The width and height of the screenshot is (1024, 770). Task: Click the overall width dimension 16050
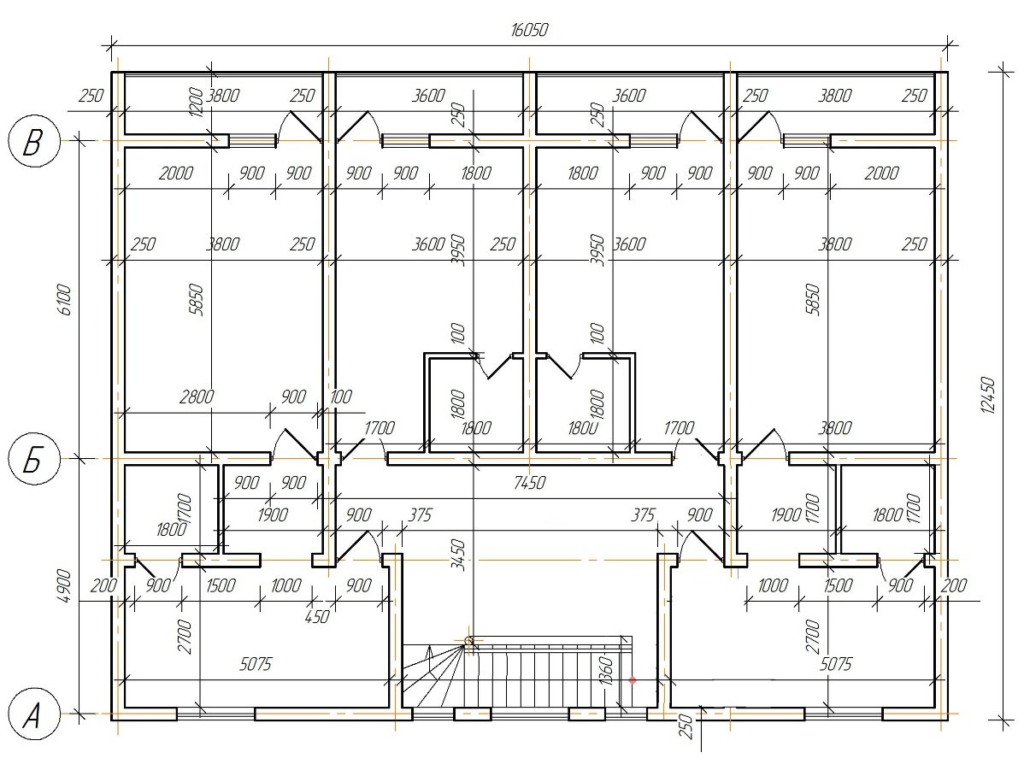point(528,30)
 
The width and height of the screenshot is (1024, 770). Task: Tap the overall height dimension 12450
point(989,394)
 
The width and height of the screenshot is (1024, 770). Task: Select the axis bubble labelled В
point(32,141)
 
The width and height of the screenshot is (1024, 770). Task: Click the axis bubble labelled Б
point(32,459)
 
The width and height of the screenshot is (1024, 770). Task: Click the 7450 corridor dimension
point(530,483)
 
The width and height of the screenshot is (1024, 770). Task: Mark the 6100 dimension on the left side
point(65,300)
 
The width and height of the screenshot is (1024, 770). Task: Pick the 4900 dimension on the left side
point(65,585)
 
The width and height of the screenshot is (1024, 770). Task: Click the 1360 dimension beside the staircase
point(605,671)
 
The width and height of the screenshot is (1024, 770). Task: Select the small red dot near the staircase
point(633,680)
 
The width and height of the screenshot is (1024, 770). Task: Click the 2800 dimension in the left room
point(197,397)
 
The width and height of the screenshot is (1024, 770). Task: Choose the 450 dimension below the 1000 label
point(317,616)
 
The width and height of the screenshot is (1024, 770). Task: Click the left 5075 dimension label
point(256,664)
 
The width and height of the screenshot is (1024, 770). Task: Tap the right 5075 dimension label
point(836,664)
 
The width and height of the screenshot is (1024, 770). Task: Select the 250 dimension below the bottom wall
point(685,725)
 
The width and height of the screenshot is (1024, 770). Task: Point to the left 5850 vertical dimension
point(196,300)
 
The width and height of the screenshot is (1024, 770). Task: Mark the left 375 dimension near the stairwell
point(420,515)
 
